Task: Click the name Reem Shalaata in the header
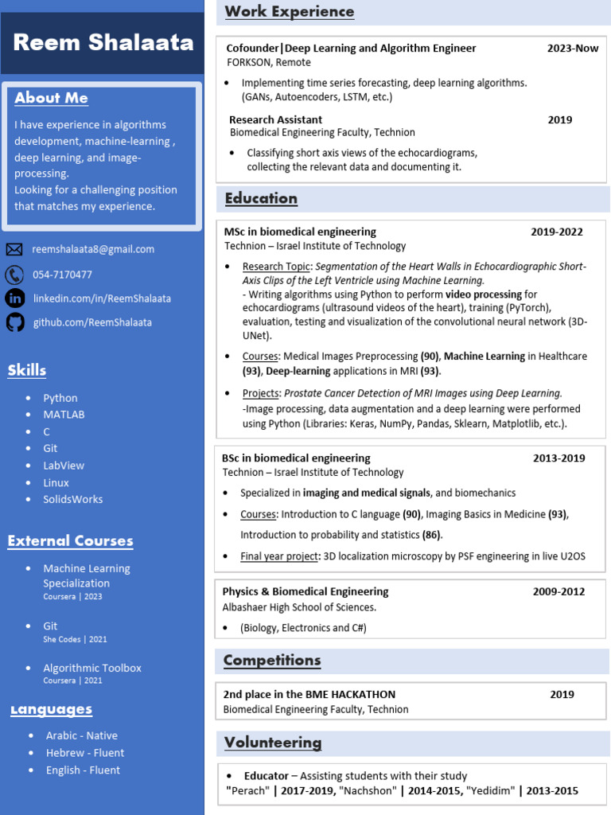pos(103,43)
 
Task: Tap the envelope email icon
pos(14,250)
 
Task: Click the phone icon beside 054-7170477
pos(14,275)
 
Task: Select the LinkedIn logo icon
pos(14,298)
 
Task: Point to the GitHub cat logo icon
pos(14,322)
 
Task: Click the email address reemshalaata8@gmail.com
pos(93,249)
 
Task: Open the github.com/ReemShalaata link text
pos(92,322)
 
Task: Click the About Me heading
pos(51,98)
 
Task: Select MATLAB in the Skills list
pos(64,415)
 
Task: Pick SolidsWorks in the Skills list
pos(73,500)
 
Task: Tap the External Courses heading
pos(70,541)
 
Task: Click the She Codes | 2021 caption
pos(75,639)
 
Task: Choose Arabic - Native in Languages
pos(81,735)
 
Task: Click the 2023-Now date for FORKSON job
pos(573,49)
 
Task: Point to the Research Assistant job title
pos(275,120)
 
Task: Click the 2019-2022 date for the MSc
pos(557,232)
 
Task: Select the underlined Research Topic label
pos(277,267)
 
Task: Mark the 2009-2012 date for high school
pos(558,592)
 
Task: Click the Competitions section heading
pos(272,661)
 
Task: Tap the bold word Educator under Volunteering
pos(266,776)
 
